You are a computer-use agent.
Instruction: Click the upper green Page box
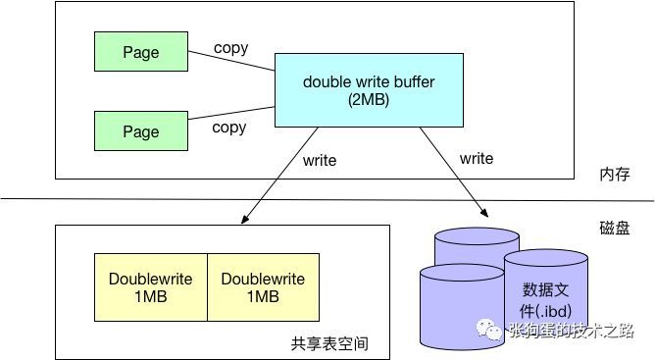(140, 52)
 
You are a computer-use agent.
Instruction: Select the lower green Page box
(140, 130)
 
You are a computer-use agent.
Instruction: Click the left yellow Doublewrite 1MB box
(151, 287)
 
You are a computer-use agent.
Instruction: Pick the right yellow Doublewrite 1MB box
(263, 287)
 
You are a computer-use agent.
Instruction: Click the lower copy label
(229, 128)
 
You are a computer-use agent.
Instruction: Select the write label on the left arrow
(320, 160)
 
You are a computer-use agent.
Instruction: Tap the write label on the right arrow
(477, 158)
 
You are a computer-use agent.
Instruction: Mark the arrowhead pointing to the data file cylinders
(484, 211)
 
